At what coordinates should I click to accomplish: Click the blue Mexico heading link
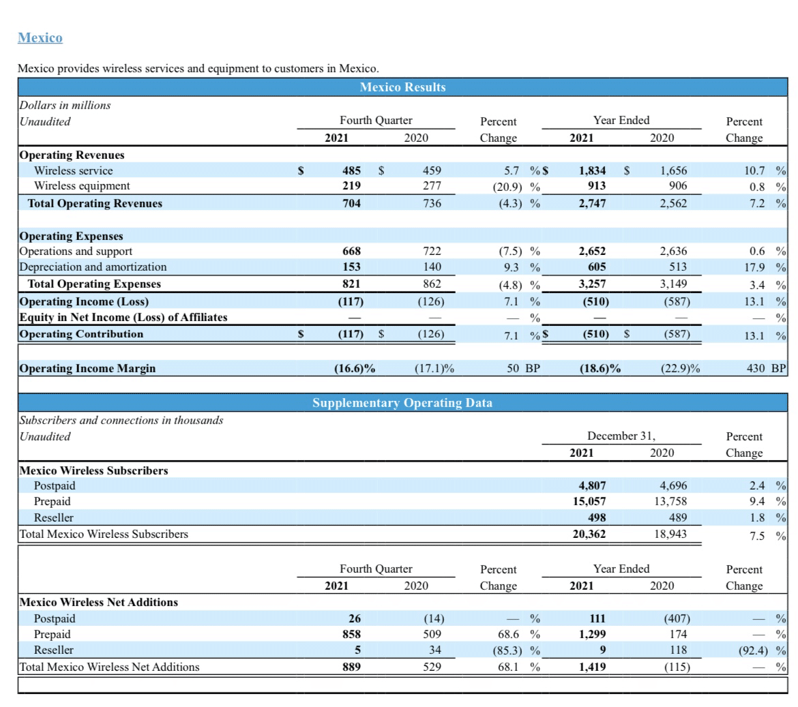tap(40, 37)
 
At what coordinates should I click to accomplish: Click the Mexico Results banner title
tap(402, 87)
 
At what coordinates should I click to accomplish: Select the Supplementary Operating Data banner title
tap(402, 403)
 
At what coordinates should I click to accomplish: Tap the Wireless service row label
tap(74, 170)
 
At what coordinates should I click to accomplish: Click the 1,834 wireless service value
tap(592, 170)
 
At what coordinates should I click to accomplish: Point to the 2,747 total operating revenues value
tap(592, 203)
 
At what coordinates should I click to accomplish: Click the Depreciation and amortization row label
tap(93, 267)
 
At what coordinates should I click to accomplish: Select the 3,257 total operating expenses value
tap(592, 284)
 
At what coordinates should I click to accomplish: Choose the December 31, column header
tap(621, 436)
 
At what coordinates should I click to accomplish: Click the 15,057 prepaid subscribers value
tap(589, 501)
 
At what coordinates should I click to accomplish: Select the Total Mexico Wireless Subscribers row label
tap(104, 534)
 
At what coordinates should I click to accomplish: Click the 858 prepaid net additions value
tap(352, 634)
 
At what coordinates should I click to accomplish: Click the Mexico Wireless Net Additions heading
tap(99, 602)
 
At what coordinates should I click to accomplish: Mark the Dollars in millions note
tap(65, 105)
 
